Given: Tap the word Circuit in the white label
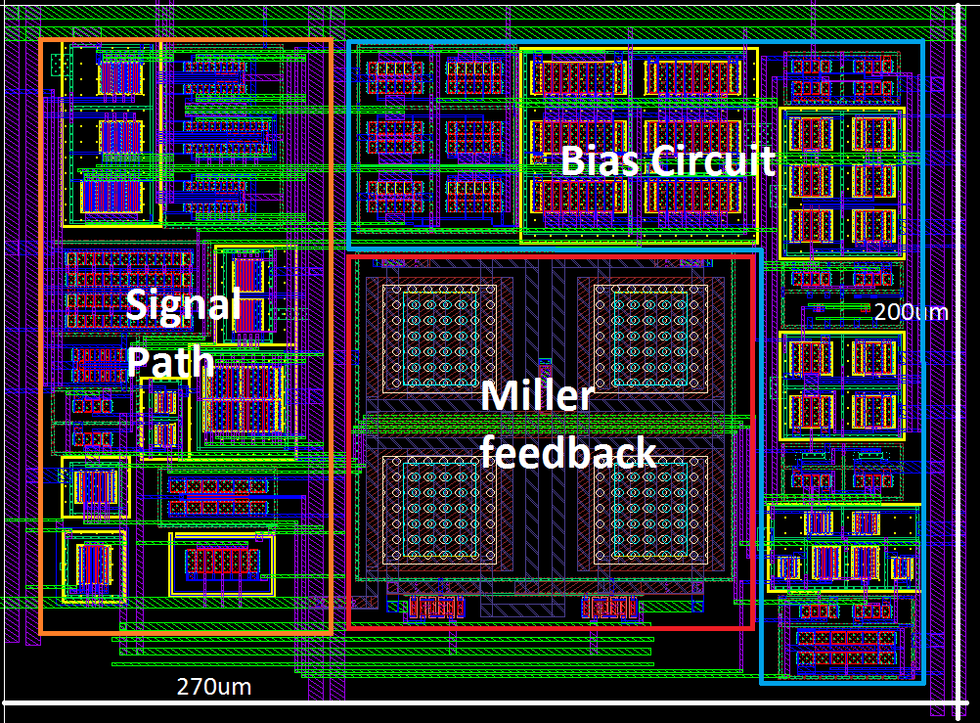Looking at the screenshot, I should pos(714,160).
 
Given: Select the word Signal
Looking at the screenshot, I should pos(183,305).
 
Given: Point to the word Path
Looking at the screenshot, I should pos(171,361).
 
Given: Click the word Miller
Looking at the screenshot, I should pos(537,396).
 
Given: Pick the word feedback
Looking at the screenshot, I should pos(568,453).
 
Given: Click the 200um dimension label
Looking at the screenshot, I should pos(911,312).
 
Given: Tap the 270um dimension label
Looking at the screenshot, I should pos(213,687).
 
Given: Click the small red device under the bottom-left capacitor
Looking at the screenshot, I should pos(435,608).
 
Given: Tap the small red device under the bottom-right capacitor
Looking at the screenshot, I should pos(609,608).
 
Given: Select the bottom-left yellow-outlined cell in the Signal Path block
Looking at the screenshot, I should pos(94,566).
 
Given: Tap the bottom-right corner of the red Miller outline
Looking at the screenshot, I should pos(754,628).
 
